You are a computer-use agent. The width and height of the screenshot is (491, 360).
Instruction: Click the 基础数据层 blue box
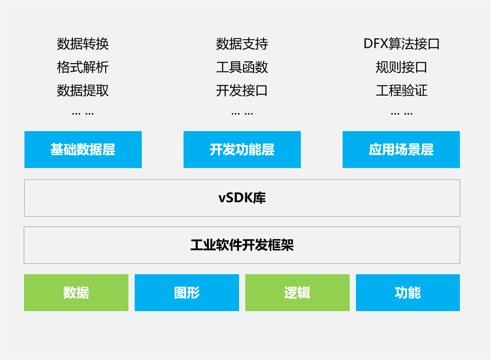pos(83,149)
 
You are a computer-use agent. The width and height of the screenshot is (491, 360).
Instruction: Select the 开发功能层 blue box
pos(242,149)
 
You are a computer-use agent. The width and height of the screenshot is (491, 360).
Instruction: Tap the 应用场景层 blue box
pos(401,149)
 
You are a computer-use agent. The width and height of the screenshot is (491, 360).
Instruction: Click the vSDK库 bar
pos(242,198)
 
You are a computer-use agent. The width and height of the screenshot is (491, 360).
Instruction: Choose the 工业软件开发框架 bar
pos(242,245)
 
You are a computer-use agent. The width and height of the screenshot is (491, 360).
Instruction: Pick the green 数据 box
pos(76,292)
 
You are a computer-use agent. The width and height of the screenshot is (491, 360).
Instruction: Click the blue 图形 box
pos(187,292)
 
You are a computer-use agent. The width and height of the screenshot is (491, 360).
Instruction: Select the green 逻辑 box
pos(297,292)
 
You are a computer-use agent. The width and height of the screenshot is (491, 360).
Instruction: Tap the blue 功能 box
pos(408,292)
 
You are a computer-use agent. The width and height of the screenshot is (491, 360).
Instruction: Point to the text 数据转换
pos(83,44)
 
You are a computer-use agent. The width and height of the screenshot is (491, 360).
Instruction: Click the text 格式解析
pos(83,68)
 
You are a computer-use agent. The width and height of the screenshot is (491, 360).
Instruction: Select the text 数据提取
pos(83,91)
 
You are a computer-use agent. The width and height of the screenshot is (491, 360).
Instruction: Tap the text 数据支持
pos(242,44)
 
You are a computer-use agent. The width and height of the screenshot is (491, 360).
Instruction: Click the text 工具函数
pos(242,68)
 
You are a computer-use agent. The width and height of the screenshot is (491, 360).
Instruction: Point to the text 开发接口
pos(242,91)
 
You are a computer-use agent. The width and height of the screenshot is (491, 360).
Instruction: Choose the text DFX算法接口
pos(401,44)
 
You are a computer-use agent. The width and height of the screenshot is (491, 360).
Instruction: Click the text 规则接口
pos(401,68)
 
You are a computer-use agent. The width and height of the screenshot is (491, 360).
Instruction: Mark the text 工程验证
pos(401,91)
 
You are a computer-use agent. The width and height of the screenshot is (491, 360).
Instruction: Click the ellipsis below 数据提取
pos(83,114)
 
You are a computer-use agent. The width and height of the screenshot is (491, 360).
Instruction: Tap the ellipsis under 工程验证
pos(402,114)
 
